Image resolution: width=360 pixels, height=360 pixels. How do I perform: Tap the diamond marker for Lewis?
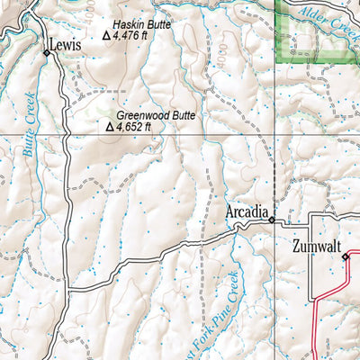[x=47, y=54]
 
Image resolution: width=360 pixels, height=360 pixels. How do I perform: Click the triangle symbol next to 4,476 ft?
[x=107, y=36]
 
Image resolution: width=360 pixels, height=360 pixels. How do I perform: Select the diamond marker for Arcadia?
[x=271, y=218]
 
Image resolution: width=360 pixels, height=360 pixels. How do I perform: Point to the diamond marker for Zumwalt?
[x=345, y=257]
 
